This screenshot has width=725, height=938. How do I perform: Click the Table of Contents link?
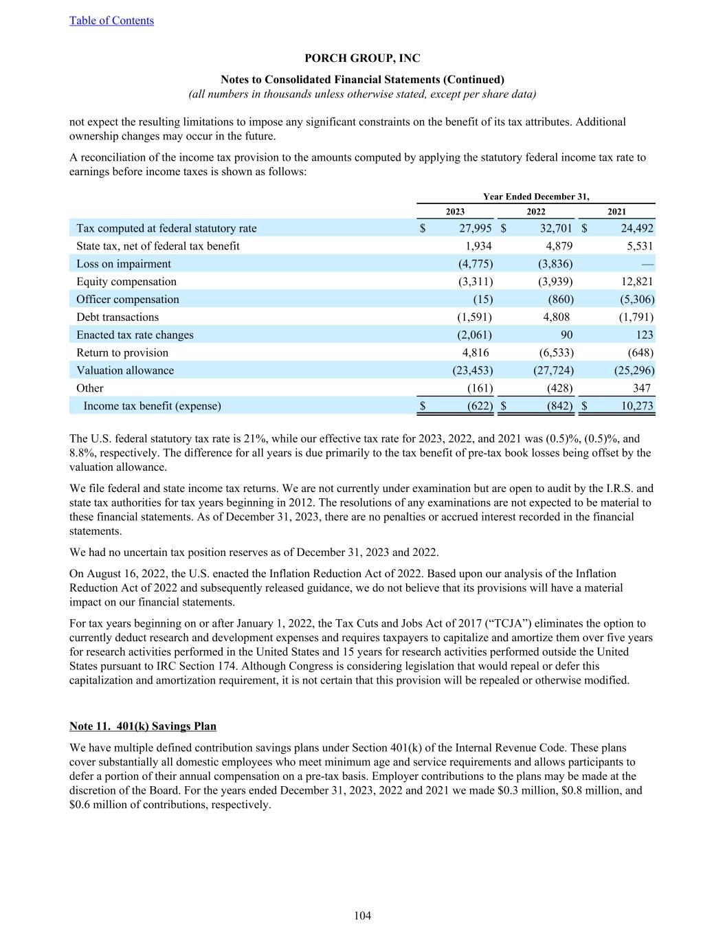point(111,21)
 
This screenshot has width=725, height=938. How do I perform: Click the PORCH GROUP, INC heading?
point(362,59)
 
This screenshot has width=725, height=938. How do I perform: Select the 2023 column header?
point(455,212)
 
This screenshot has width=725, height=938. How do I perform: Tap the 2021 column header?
point(616,212)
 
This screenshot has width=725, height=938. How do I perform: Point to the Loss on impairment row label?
point(124,264)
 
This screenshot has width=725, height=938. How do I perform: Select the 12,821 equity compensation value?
point(635,282)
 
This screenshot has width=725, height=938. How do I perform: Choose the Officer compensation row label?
point(128,300)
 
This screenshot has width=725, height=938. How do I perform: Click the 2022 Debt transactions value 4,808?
point(555,317)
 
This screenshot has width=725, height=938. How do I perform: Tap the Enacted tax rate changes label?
point(135,335)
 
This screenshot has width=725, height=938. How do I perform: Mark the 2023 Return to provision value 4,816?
point(476,353)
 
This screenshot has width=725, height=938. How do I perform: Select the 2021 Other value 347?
point(641,388)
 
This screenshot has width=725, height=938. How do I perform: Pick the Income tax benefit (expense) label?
point(152,406)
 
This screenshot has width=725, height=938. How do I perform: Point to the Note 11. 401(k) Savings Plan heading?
point(143,726)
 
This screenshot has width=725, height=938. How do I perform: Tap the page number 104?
point(362,915)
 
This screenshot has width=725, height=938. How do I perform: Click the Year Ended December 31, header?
point(536,197)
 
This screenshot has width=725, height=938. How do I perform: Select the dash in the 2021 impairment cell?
point(649,264)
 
